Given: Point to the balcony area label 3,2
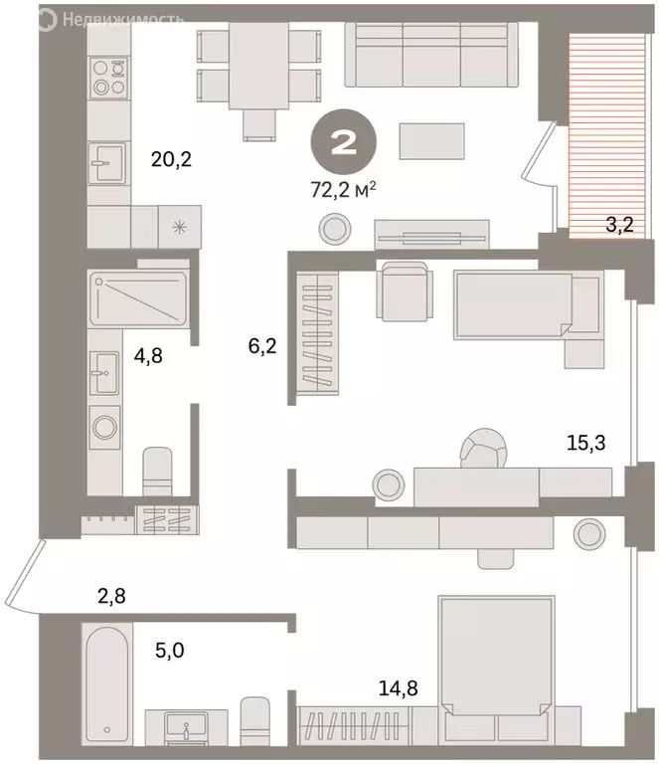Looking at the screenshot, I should click(621, 226).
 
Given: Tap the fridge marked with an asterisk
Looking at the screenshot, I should click(180, 226).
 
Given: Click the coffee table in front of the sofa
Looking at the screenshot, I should click(432, 139).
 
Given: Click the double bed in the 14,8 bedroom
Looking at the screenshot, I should click(493, 657).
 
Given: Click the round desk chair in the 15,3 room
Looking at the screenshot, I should click(485, 450).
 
